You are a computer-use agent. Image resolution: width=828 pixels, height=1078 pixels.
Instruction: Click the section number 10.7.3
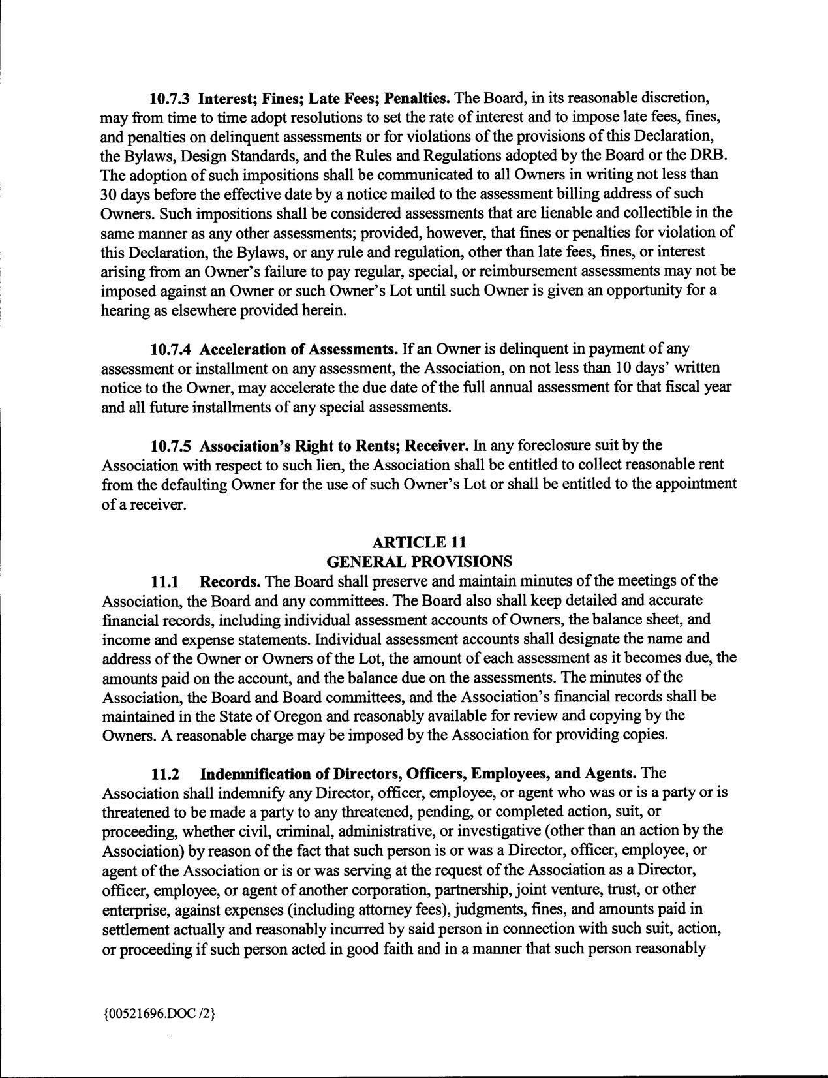pyautogui.click(x=170, y=99)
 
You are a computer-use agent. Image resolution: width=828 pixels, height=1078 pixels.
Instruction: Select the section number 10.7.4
pyautogui.click(x=170, y=349)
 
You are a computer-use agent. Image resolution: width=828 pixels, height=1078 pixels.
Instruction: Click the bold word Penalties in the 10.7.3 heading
pyautogui.click(x=418, y=99)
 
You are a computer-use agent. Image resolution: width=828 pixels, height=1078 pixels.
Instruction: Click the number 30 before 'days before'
pyautogui.click(x=108, y=194)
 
